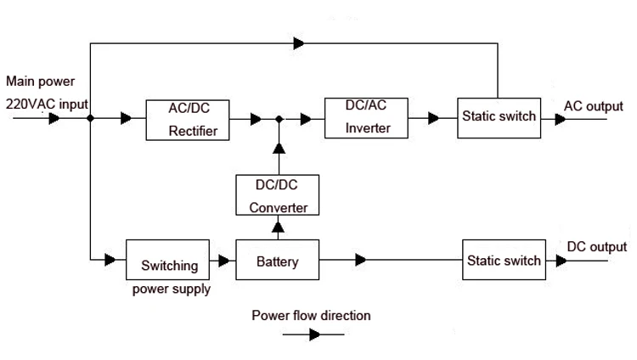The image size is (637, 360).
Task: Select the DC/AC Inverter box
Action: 366,116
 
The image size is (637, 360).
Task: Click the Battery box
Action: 278,261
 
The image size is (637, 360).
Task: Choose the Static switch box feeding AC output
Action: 499,116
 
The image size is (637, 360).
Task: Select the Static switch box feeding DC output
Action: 504,261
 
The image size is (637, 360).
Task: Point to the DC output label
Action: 596,247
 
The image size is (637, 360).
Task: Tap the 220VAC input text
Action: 46,104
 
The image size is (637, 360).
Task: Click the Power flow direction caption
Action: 311,315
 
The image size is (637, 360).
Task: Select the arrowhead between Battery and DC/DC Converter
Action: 277,227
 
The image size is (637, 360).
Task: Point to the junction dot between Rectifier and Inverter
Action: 277,120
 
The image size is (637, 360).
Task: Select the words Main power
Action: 40,82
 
